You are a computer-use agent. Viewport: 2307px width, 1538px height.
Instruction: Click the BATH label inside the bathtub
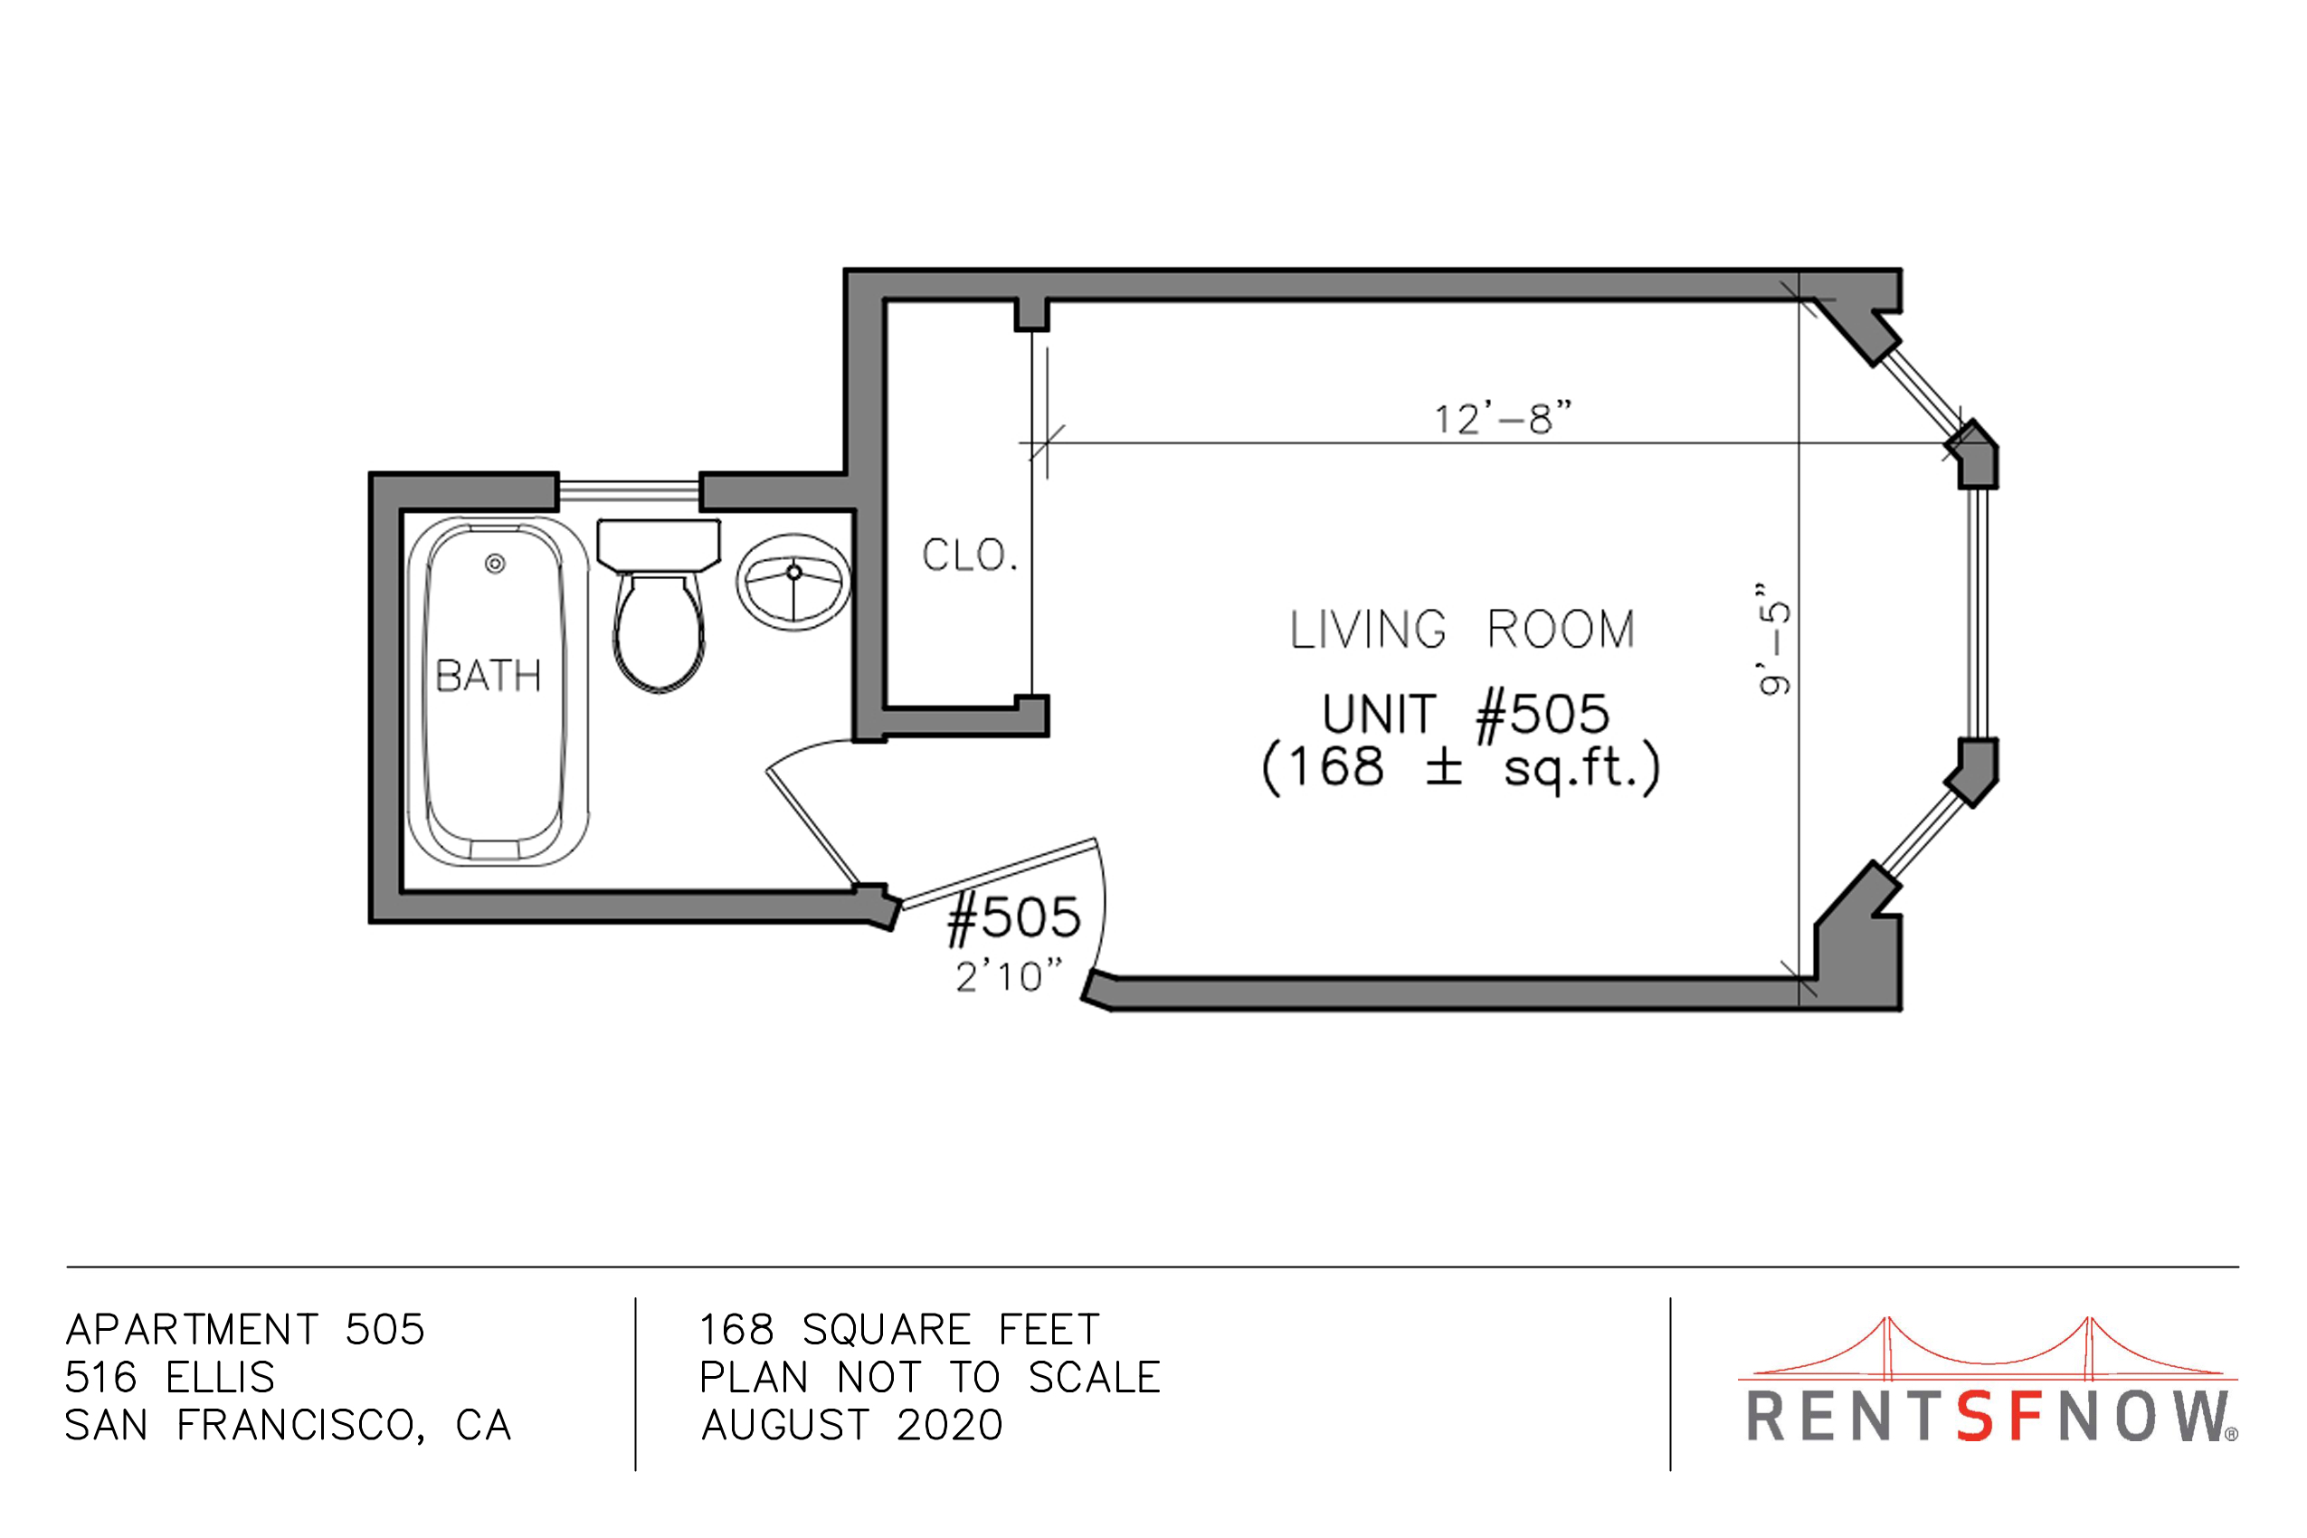[489, 676]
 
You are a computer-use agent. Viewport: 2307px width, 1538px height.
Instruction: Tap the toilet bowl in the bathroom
[660, 631]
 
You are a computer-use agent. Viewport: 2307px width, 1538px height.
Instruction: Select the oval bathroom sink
[793, 582]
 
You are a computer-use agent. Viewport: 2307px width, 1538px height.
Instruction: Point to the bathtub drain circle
[496, 564]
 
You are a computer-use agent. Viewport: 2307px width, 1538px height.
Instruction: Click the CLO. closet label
[969, 555]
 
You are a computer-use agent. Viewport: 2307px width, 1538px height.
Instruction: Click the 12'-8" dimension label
[1503, 418]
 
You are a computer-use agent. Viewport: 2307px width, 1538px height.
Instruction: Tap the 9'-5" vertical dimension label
[1774, 639]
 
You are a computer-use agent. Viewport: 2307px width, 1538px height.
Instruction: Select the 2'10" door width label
[1010, 976]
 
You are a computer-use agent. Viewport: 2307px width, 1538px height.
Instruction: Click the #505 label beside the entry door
[1013, 918]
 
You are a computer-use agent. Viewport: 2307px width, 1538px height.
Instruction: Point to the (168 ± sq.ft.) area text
[1461, 767]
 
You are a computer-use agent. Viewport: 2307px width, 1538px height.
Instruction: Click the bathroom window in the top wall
[629, 491]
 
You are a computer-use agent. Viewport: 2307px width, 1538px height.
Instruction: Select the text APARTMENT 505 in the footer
[245, 1330]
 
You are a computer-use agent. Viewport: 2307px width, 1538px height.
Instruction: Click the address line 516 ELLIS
[170, 1378]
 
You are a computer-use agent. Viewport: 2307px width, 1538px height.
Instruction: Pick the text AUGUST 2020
[851, 1425]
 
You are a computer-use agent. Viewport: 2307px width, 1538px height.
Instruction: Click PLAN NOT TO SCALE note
[930, 1378]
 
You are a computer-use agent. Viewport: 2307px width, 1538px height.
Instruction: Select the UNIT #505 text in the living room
[1466, 713]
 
